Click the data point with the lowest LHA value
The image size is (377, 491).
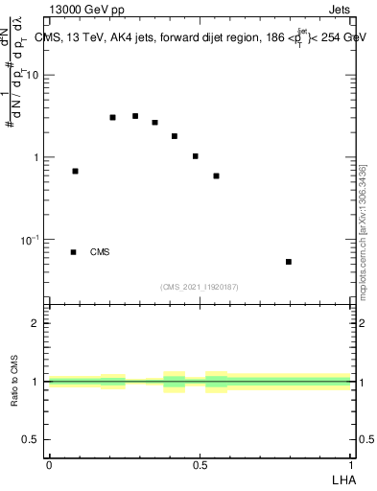click(x=75, y=171)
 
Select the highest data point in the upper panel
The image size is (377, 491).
click(x=135, y=116)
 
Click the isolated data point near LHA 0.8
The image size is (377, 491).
click(x=289, y=262)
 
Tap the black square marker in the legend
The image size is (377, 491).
click(x=74, y=252)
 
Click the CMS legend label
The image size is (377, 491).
click(x=100, y=252)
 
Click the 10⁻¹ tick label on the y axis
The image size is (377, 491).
click(x=32, y=239)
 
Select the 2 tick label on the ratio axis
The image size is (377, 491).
click(x=37, y=323)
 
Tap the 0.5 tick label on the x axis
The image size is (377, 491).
click(x=200, y=464)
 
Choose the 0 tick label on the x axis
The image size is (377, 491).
click(x=49, y=464)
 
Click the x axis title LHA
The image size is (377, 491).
click(x=342, y=479)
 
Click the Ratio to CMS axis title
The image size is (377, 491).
click(x=16, y=382)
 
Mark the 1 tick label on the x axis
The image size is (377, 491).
click(x=351, y=464)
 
